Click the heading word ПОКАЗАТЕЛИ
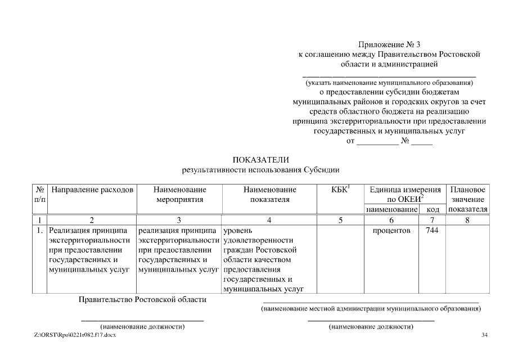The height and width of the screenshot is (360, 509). pos(260,160)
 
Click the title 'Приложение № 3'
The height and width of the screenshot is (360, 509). pos(389,44)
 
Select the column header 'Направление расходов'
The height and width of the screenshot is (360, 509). pos(92,190)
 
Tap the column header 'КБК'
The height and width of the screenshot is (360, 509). pos(340,190)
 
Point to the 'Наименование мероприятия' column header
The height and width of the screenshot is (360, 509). pos(179,195)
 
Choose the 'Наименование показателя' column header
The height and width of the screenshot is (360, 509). pos(269,195)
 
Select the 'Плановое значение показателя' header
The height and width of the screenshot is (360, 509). pos(467,199)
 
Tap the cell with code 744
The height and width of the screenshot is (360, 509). pos(433,231)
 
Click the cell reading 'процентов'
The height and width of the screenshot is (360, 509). pos(391,231)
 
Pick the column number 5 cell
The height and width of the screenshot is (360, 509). pos(340,220)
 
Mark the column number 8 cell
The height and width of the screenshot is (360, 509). pos(467,220)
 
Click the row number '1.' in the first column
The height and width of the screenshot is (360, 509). pos(40,231)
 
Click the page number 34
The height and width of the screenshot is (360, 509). pos(485,336)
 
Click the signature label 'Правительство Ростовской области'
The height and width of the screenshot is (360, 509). pos(142,300)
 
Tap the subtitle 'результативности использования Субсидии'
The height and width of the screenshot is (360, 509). pos(260,169)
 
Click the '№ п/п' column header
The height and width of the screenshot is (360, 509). pos(40,195)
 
